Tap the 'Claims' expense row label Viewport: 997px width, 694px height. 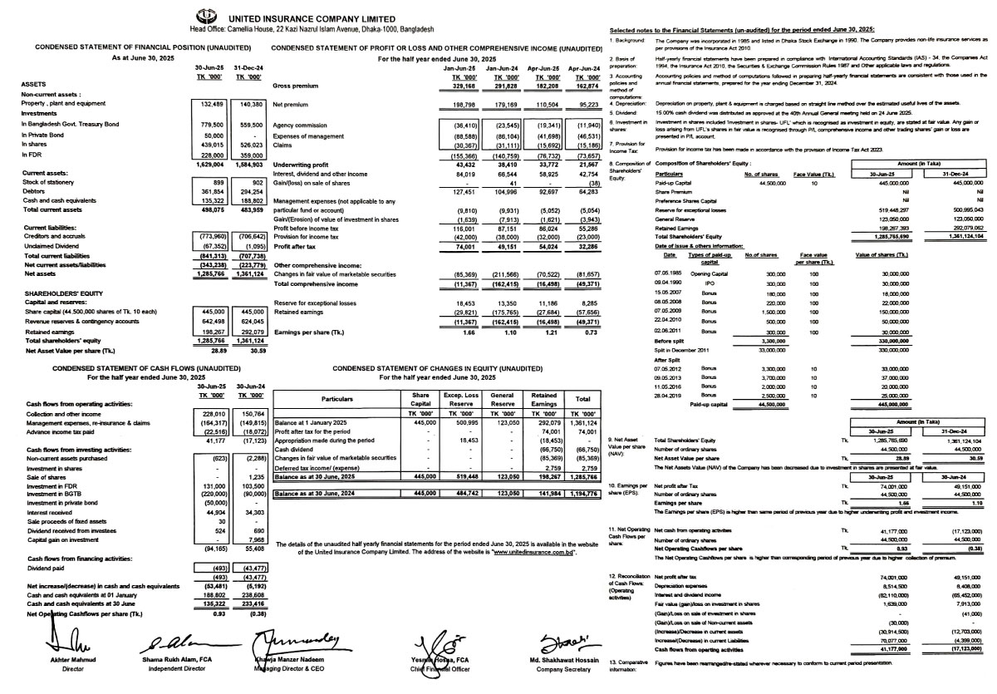[x=282, y=145]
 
